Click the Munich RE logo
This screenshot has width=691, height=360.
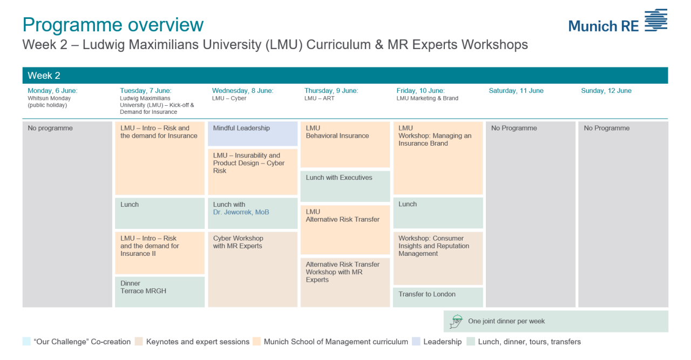click(618, 21)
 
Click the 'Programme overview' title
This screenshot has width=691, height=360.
click(113, 25)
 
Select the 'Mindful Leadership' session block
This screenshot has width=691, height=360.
click(253, 133)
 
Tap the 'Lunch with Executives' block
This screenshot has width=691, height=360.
click(345, 186)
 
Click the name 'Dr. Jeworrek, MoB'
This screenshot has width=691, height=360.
click(241, 212)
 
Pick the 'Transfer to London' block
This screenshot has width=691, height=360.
click(438, 297)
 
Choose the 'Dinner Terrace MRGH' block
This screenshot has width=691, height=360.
click(160, 292)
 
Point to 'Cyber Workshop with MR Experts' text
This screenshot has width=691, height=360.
click(238, 242)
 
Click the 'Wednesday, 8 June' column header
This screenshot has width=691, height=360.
click(242, 91)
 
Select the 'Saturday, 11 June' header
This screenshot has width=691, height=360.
click(516, 91)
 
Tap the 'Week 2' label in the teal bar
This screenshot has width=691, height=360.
click(44, 76)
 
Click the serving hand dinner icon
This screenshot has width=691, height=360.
click(456, 322)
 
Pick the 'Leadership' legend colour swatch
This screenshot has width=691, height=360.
click(416, 342)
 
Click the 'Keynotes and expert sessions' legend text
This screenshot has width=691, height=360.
click(198, 342)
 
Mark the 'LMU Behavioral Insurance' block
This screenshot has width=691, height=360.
click(345, 144)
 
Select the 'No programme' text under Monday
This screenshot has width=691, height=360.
click(50, 128)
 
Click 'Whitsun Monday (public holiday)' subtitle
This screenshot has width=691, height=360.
click(49, 102)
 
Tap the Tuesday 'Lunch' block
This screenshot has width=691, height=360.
click(160, 213)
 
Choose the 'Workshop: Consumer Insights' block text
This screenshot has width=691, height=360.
click(433, 246)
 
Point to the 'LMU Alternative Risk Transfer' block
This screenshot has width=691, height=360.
click(345, 230)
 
